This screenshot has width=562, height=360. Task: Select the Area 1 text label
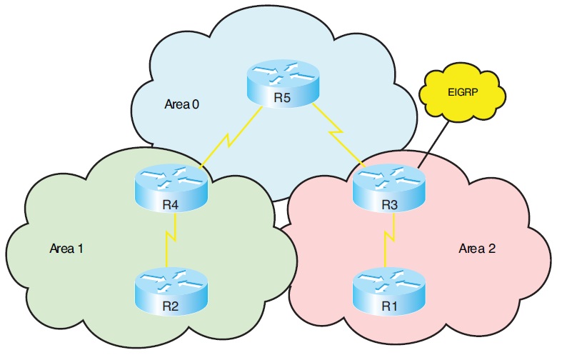[x=66, y=249]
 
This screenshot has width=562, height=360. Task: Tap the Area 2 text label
[x=477, y=249]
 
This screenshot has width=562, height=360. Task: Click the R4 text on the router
[x=170, y=206]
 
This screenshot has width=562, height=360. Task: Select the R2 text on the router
[x=170, y=307]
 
